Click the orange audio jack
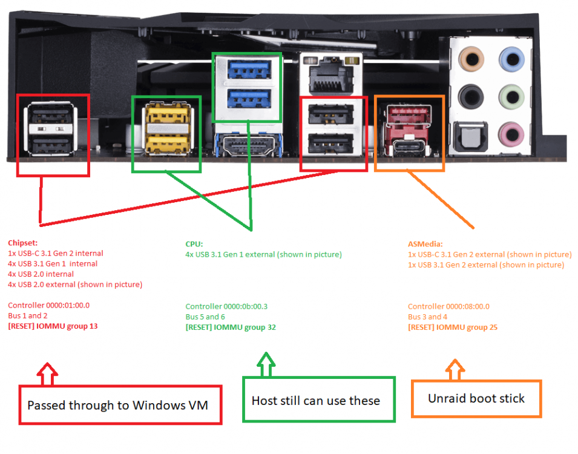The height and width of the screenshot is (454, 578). click(x=471, y=59)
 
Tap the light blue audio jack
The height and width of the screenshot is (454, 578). click(x=511, y=59)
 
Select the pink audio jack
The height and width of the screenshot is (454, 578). click(x=511, y=134)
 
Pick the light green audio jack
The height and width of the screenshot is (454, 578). click(x=511, y=97)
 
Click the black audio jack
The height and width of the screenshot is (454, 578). click(x=471, y=97)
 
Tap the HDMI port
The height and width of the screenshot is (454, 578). click(x=249, y=145)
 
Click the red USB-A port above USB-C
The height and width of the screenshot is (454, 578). click(x=409, y=114)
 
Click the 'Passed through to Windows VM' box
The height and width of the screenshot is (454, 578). click(x=120, y=405)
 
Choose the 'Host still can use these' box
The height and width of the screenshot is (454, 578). click(x=319, y=400)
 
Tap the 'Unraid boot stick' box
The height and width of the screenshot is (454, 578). click(x=476, y=399)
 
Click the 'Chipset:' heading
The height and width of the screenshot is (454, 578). click(x=23, y=243)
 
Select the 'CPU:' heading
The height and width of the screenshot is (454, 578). click(x=194, y=244)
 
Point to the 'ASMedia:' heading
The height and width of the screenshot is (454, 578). click(x=425, y=244)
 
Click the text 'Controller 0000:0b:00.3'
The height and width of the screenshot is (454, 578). click(x=226, y=306)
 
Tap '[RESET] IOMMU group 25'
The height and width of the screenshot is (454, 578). click(x=453, y=327)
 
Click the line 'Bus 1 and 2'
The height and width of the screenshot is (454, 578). click(x=28, y=316)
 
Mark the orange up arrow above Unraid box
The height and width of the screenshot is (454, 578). click(x=455, y=369)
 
